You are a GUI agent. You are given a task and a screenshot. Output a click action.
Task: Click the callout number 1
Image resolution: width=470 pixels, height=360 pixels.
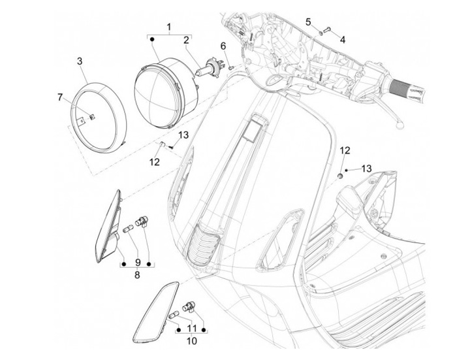coord(168,27)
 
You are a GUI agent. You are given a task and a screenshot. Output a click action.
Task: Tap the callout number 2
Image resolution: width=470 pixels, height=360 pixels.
coord(186,41)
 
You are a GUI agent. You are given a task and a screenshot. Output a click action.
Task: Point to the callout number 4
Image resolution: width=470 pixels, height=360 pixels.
coord(342,39)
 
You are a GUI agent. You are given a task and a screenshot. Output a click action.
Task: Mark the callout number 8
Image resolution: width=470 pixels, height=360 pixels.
coord(136,276)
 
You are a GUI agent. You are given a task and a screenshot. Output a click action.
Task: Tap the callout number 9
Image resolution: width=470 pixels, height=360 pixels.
coord(137,263)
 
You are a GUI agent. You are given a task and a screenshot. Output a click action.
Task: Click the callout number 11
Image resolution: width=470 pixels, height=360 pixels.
coord(192,328)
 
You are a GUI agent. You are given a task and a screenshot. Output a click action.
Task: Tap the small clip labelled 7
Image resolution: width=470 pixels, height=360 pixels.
coord(74,117)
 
